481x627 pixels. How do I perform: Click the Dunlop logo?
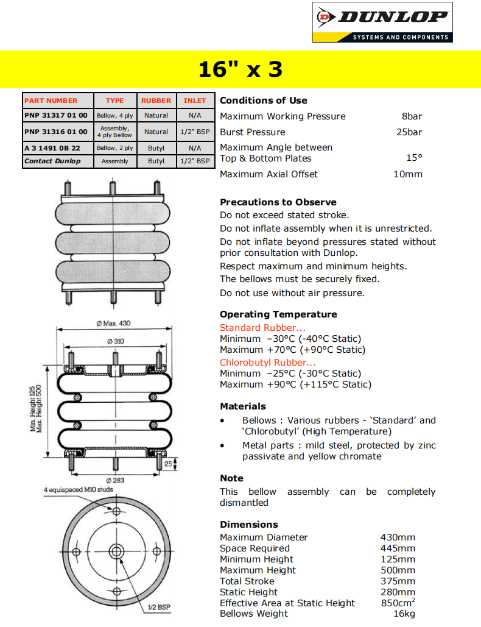point(382,23)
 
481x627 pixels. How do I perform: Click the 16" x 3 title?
point(240,69)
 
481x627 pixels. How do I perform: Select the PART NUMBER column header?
point(51,101)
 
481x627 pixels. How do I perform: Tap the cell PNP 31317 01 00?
point(56,115)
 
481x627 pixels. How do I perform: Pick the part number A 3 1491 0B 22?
point(52,148)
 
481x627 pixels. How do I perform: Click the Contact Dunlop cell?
point(52,161)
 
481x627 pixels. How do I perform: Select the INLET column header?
point(195,101)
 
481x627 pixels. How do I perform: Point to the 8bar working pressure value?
point(412,116)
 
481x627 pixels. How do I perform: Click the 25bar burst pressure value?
point(409,132)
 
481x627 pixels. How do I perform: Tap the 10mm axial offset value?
point(408,174)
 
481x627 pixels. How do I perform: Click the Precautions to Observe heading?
point(278,202)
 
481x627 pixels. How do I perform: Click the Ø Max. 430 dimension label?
point(113,324)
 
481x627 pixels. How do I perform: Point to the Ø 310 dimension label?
point(115,341)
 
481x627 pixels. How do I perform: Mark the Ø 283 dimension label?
point(115,480)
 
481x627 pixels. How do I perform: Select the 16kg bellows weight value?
point(404,614)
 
